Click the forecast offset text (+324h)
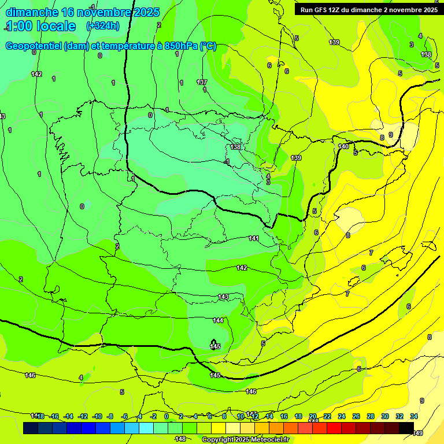[x=102, y=25]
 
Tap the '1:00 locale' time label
[x=41, y=26]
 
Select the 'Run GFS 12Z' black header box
[x=368, y=9]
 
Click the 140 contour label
[x=343, y=146]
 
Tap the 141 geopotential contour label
[x=254, y=238]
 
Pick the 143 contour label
[x=224, y=297]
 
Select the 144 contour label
[x=218, y=320]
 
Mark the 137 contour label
[x=202, y=82]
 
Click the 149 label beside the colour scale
[x=417, y=433]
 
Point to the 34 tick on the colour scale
[x=414, y=416]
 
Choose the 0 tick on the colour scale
[x=166, y=416]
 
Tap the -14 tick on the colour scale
[x=68, y=416]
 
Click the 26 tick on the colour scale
[x=356, y=416]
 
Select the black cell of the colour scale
[x=406, y=428]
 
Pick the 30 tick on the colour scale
[x=385, y=416]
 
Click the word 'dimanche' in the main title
[x=32, y=12]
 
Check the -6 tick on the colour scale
[x=124, y=416]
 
